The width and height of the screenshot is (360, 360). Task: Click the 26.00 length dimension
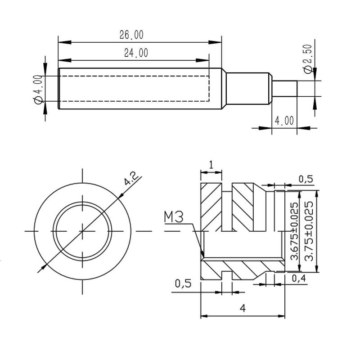coord(131,35)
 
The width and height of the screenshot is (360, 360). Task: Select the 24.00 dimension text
coord(136,53)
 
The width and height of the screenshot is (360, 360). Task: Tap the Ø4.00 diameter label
coord(38,89)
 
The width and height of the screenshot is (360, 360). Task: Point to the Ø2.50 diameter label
coord(308,59)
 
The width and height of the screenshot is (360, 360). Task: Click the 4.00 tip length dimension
coord(284,121)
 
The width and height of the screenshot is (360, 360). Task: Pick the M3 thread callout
coord(174,217)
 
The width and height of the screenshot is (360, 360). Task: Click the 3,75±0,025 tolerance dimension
coord(308,231)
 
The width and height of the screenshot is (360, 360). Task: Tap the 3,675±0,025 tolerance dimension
coord(294,231)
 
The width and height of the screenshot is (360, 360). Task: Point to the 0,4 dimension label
coord(299,278)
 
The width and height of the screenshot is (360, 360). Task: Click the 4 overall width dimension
coord(243,308)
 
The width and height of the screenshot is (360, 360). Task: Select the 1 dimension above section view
coord(211,165)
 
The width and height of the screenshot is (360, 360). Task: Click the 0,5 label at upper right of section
coord(306,179)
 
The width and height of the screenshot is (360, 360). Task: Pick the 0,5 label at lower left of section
coord(183,283)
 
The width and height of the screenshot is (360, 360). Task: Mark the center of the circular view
coord(82,231)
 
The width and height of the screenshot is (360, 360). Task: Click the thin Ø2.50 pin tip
coord(284,88)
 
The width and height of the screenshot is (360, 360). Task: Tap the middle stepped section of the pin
coord(248,89)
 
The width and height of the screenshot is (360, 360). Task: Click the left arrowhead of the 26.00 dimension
coord(64,42)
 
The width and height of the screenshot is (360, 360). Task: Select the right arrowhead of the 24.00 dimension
coord(202,60)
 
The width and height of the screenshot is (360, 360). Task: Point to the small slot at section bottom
coord(227,275)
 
